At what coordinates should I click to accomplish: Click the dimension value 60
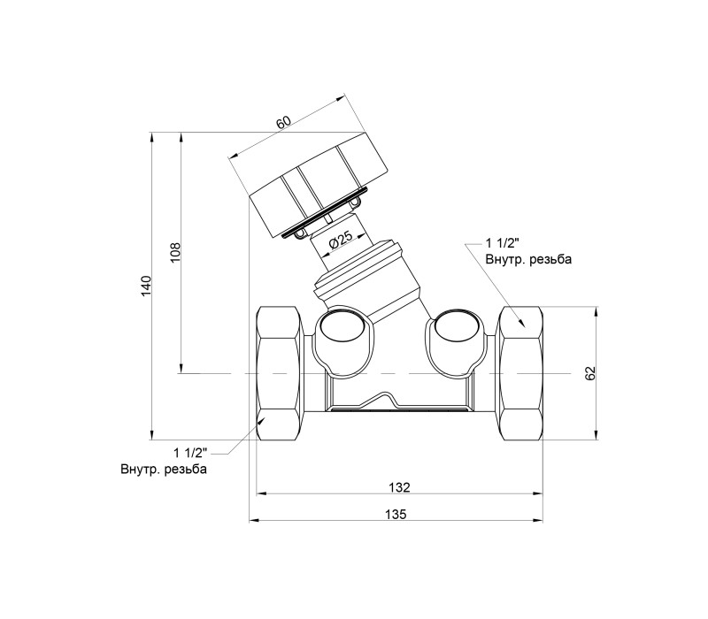(x=284, y=122)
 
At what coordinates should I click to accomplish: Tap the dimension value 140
(x=145, y=286)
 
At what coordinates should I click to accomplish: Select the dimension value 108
(x=175, y=252)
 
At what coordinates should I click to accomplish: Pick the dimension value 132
(x=399, y=487)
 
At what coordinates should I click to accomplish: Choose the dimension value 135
(x=396, y=514)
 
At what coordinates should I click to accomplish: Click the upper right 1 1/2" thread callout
(x=503, y=244)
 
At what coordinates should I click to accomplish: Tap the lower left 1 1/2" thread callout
(x=190, y=453)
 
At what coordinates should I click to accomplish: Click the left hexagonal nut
(x=279, y=373)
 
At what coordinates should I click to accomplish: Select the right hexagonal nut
(x=520, y=373)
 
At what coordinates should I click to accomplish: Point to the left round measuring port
(x=341, y=325)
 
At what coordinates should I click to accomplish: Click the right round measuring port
(x=457, y=325)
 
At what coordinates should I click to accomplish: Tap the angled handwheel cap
(x=319, y=185)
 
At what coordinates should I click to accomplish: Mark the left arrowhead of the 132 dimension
(x=260, y=493)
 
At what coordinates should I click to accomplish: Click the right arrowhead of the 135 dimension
(x=539, y=521)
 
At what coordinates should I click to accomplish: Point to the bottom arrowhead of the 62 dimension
(x=596, y=435)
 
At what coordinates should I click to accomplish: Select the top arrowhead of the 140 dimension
(x=152, y=136)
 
